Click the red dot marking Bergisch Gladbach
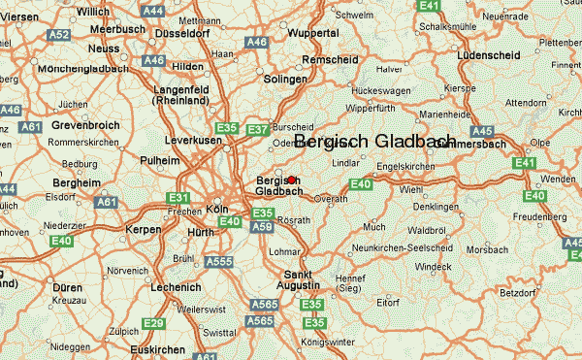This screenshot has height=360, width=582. [291, 180]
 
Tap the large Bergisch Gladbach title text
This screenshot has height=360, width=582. [374, 142]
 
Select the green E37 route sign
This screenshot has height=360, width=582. [258, 129]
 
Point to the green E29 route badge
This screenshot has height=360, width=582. [153, 322]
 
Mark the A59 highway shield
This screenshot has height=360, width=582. [261, 227]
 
